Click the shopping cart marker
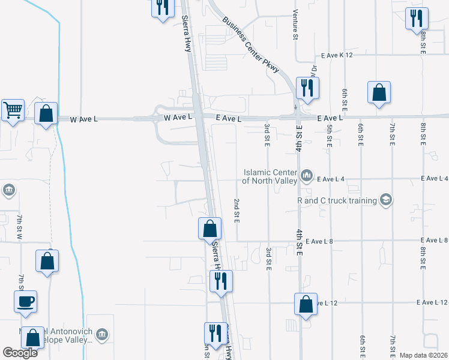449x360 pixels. [x=13, y=110]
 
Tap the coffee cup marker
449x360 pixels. [x=25, y=302]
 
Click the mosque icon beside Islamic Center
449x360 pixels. [x=307, y=175]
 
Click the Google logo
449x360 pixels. [x=20, y=353]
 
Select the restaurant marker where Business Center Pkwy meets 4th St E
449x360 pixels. [x=307, y=88]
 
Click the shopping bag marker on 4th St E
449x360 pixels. [x=306, y=304]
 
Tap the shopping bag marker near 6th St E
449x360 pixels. [x=379, y=92]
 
